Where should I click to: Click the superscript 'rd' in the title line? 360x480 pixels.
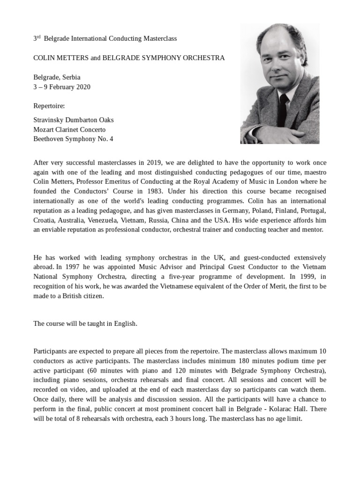(x=39, y=36)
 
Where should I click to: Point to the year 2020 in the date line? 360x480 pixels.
(x=83, y=87)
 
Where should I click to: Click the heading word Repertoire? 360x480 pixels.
(x=49, y=106)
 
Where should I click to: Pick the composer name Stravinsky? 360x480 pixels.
(x=49, y=120)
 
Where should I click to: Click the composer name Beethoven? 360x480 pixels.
(x=48, y=139)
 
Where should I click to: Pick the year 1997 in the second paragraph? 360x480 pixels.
(x=67, y=268)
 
